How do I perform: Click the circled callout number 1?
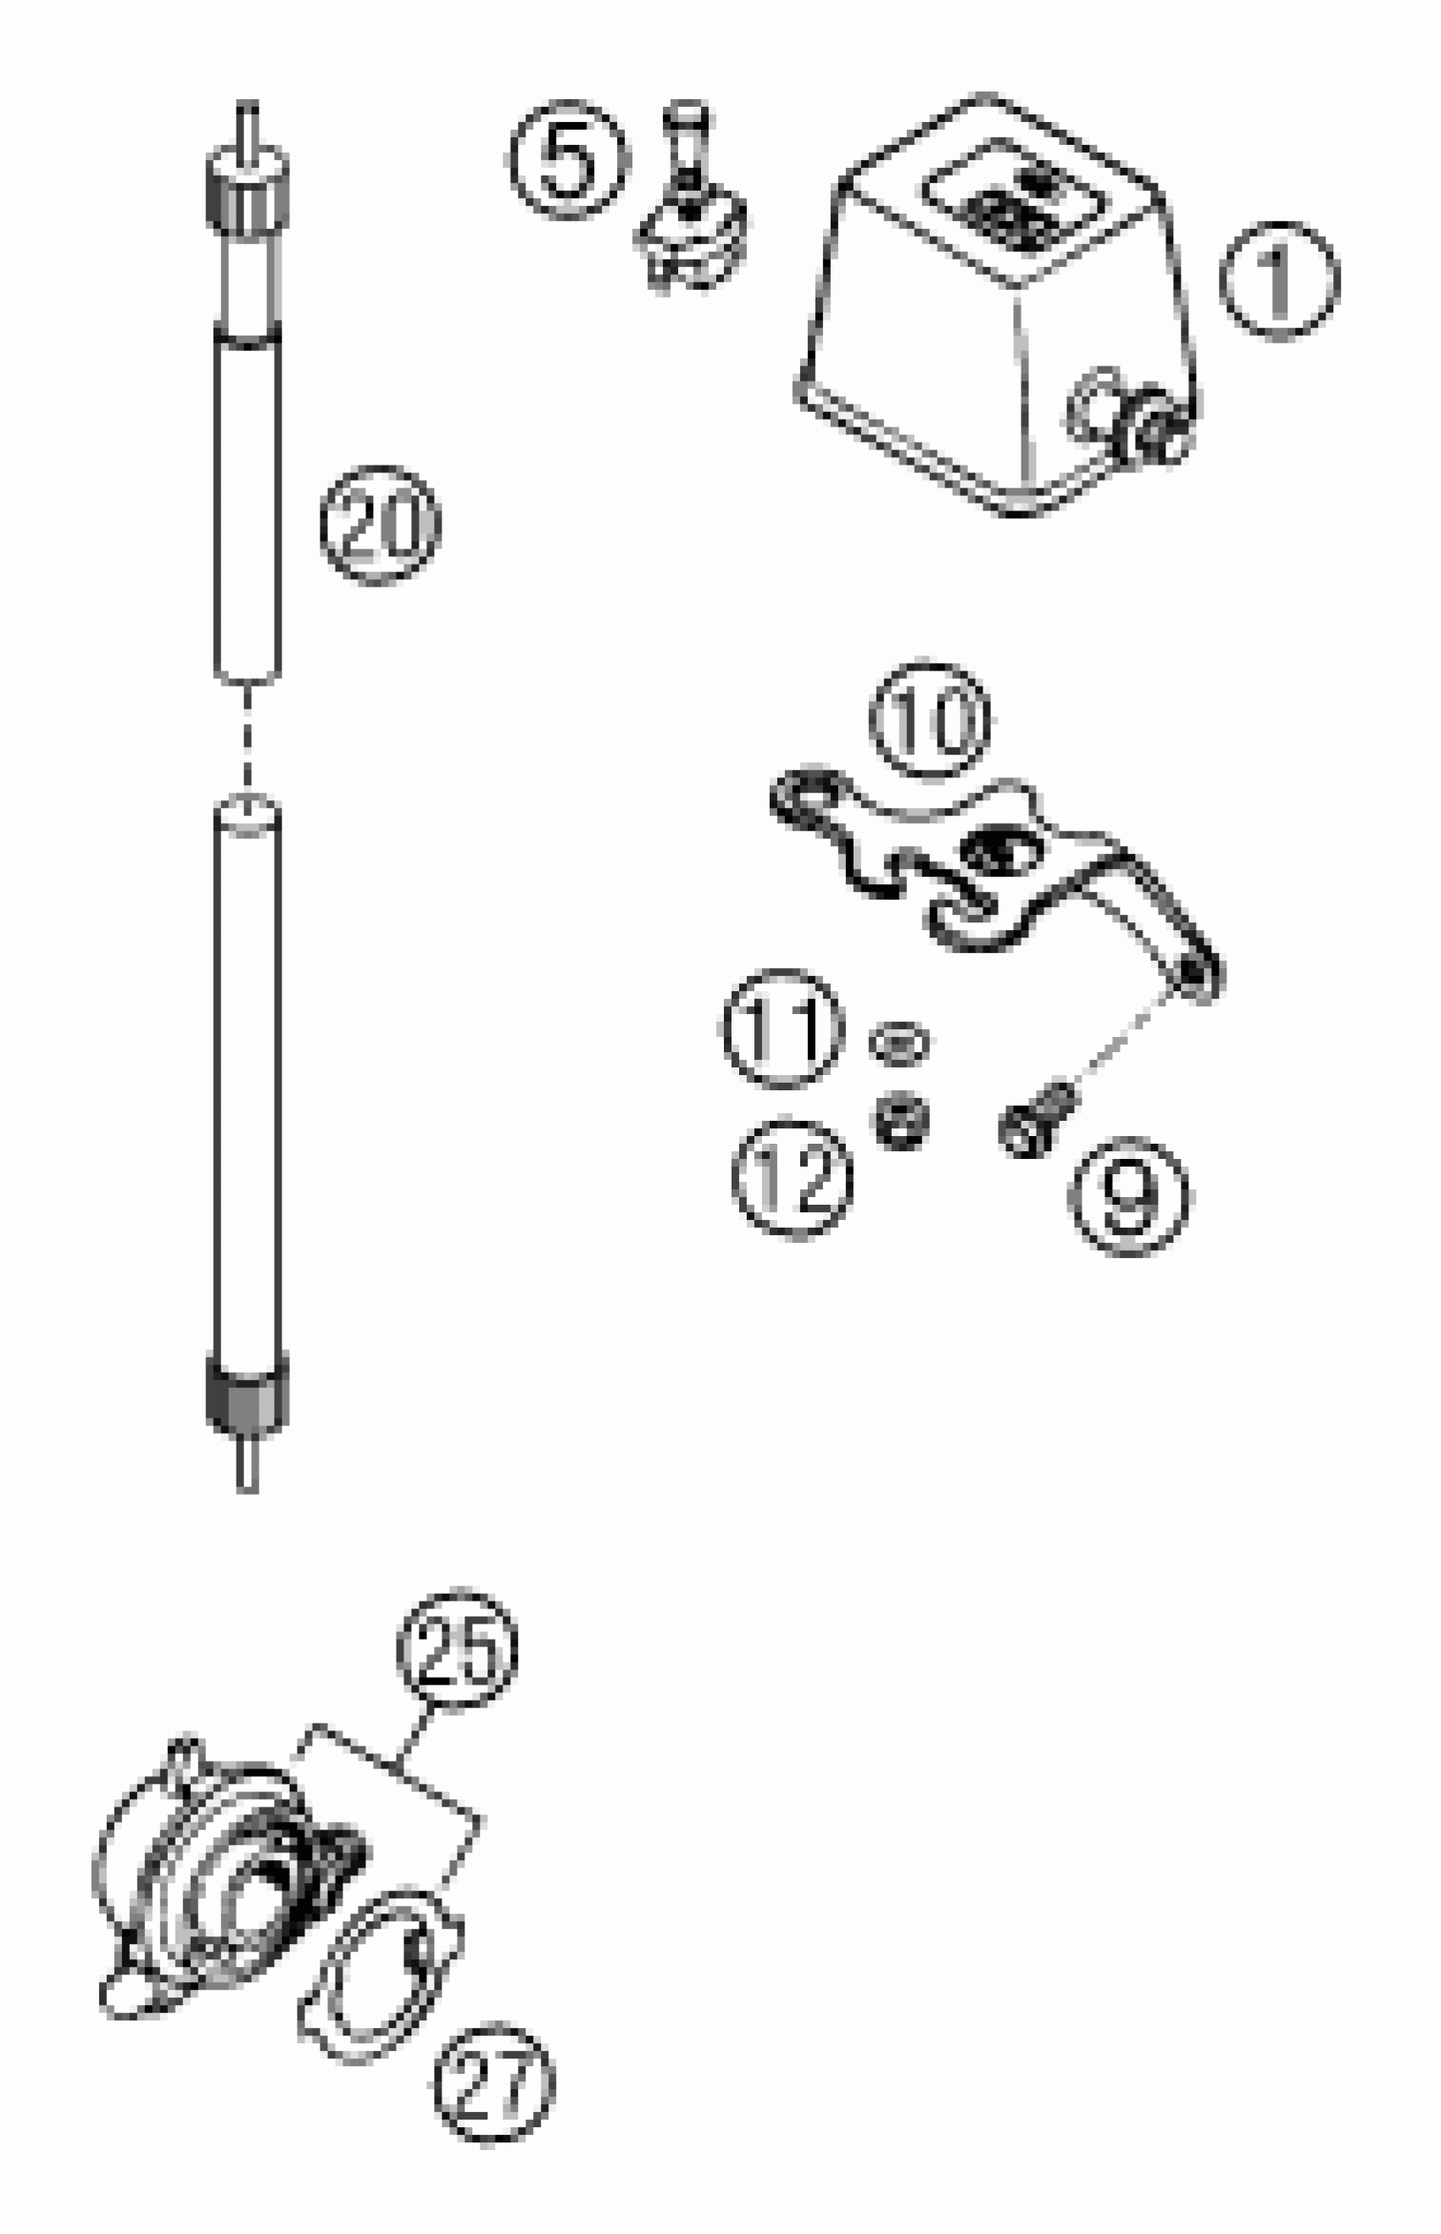coord(1279,281)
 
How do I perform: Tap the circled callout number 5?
coord(568,159)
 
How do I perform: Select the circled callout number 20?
coord(379,524)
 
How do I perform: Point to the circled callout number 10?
coord(929,719)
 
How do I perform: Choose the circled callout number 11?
coord(782,1028)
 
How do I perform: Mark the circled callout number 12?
coord(793,1178)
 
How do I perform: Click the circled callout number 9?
coord(1128,1196)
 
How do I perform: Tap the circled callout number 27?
coord(494,2082)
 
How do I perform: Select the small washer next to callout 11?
coord(899,1042)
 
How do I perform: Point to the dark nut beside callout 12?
coord(901,1120)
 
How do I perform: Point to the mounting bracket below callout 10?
coord(992,871)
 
